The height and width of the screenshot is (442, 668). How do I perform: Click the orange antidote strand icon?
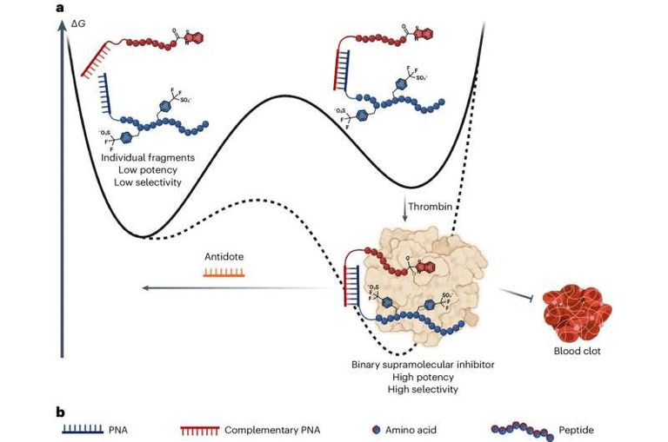click(223, 272)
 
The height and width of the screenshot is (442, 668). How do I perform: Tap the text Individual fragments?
click(146, 158)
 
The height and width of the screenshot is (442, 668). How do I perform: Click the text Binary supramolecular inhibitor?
click(413, 364)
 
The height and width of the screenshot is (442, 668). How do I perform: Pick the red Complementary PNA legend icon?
click(197, 428)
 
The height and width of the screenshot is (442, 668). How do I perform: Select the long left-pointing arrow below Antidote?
click(226, 289)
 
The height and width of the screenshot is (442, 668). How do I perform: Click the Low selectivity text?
click(146, 183)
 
